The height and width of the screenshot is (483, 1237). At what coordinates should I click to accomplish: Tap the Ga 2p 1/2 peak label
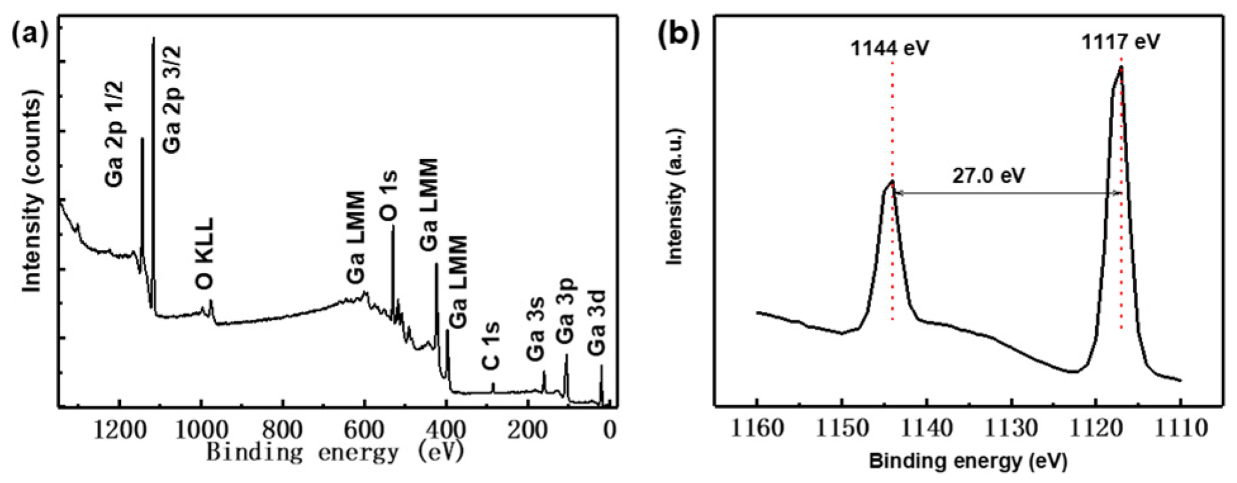(x=115, y=134)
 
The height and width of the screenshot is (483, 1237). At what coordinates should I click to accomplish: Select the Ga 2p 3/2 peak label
(x=172, y=99)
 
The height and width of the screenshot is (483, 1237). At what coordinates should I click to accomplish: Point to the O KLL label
(x=205, y=254)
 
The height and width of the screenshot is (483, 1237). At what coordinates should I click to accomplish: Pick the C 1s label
(x=491, y=346)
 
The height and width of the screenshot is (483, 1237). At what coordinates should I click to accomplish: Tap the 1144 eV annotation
(x=889, y=47)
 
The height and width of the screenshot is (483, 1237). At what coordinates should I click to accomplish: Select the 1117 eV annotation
(x=1121, y=42)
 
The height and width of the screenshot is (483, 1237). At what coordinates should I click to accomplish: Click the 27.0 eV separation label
(x=988, y=175)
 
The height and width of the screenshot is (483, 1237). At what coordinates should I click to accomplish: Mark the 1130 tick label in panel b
(x=1012, y=429)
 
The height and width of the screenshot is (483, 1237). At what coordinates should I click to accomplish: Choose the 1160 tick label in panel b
(x=757, y=429)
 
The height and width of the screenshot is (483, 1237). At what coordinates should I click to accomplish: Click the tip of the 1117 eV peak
(x=1121, y=67)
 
